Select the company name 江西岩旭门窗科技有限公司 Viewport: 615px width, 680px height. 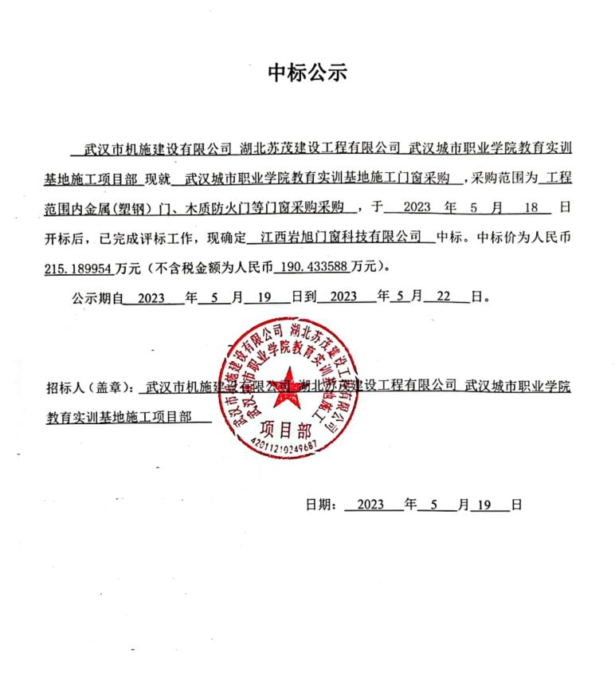pos(340,237)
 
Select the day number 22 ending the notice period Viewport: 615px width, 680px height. pos(444,297)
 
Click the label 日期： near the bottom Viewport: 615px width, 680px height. pos(322,505)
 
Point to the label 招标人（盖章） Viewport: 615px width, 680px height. pos(92,389)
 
